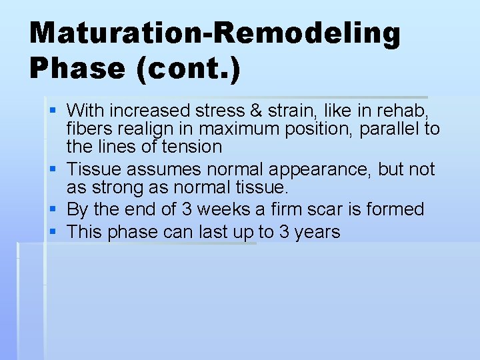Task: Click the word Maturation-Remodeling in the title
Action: pos(215,33)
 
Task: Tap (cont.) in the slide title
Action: pos(188,69)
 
